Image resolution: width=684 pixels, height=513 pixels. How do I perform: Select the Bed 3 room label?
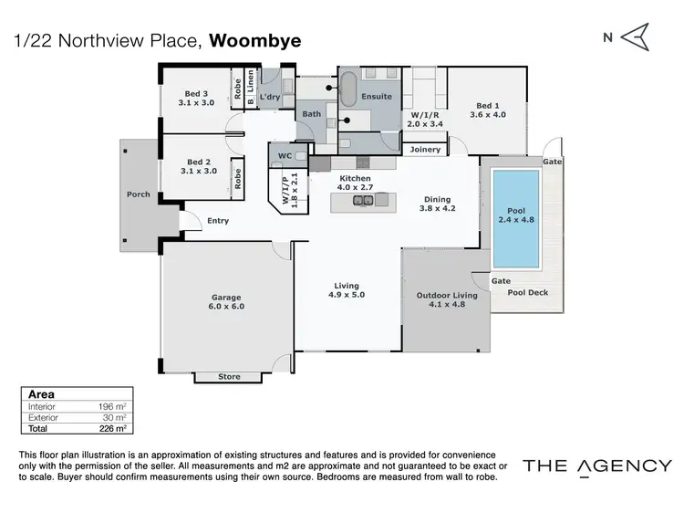tap(197, 93)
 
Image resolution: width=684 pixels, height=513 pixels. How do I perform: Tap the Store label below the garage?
tap(230, 376)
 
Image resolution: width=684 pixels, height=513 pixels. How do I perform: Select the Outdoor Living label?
tap(447, 296)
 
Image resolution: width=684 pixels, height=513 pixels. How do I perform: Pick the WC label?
tap(285, 156)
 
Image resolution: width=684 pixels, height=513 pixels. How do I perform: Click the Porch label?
tap(138, 194)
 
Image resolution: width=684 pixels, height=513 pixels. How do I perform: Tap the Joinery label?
tap(425, 149)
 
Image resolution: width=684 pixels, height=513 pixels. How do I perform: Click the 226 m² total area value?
tap(110, 427)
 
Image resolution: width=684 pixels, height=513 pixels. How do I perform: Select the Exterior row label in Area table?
tap(46, 416)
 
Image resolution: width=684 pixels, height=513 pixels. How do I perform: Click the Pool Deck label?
tap(527, 292)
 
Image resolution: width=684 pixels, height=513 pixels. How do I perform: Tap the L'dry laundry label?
tap(269, 97)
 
